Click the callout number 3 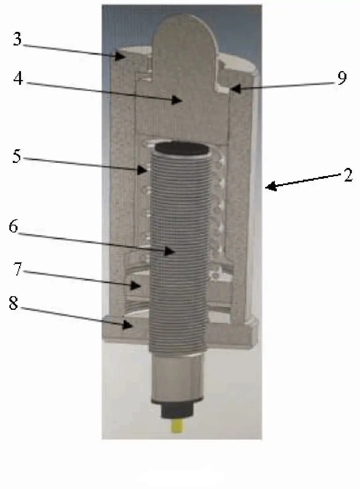tap(17, 38)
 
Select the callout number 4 tap(18, 78)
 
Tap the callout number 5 tap(17, 156)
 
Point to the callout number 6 tap(13, 226)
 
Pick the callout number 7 tap(18, 269)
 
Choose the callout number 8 tap(13, 303)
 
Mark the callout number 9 tap(342, 77)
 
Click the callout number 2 tap(348, 175)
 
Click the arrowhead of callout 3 tap(120, 56)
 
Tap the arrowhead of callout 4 tap(177, 100)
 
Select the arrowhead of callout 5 tap(142, 170)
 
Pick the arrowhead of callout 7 tap(135, 285)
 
